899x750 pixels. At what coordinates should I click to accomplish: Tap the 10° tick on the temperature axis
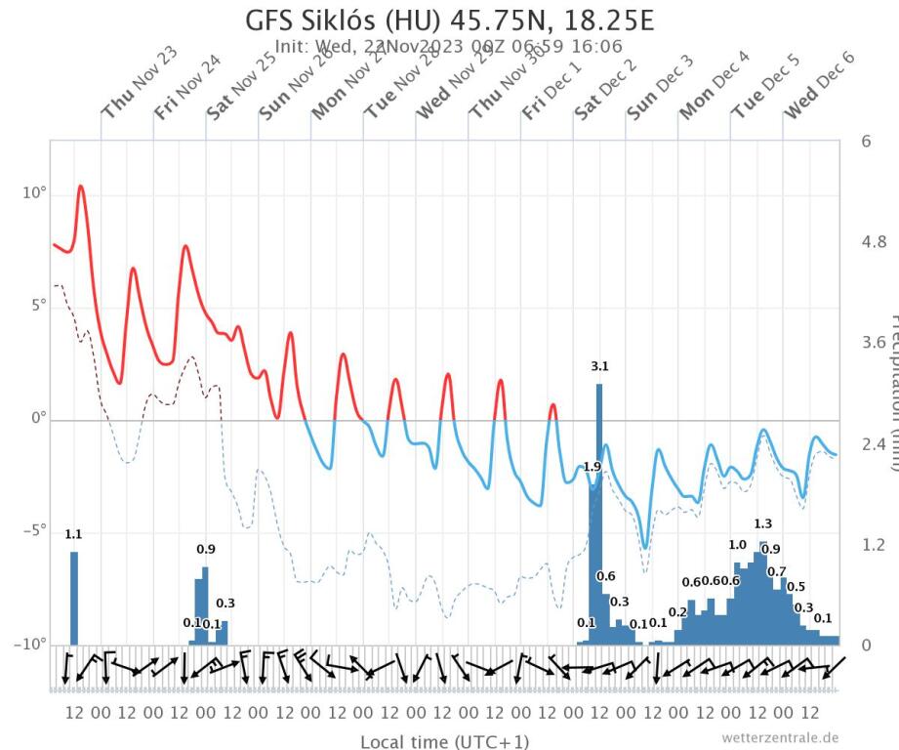(33, 193)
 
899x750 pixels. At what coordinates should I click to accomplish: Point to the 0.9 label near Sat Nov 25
(206, 550)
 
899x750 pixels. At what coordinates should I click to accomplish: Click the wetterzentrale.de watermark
(780, 737)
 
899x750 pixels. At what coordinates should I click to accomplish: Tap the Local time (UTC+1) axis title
(445, 741)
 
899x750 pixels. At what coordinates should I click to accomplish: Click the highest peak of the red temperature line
(81, 186)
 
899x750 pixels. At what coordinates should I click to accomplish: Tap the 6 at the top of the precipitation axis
(865, 141)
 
